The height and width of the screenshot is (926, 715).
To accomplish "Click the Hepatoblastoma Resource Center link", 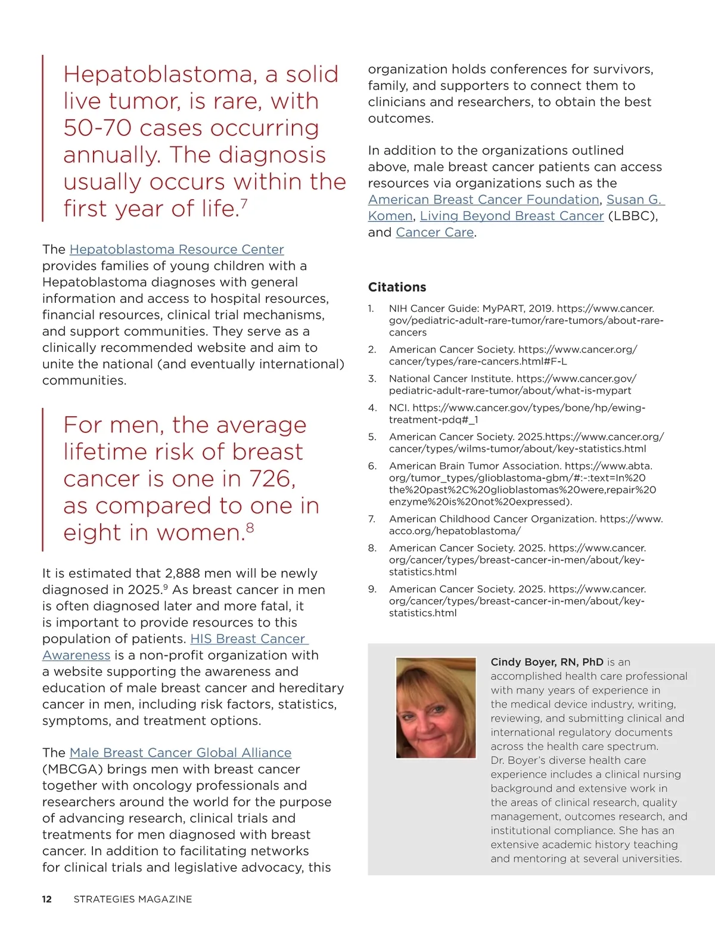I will (x=176, y=249).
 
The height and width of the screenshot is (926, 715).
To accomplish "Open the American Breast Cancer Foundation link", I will (x=483, y=200).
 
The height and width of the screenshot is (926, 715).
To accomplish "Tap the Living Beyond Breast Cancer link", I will (x=511, y=216).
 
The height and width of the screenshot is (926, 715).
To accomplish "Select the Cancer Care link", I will (x=435, y=233).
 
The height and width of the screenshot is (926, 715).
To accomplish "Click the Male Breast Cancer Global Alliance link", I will (x=180, y=752).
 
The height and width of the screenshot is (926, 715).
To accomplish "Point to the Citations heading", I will (x=397, y=287).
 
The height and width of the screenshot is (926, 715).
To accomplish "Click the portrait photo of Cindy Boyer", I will (x=436, y=707).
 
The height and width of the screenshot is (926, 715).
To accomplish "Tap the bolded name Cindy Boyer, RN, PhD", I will (x=546, y=662).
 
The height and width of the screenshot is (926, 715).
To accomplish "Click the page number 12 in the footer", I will (x=47, y=899).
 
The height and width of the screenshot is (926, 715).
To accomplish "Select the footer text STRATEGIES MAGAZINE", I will (x=132, y=899).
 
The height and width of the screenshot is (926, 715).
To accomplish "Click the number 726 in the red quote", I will (x=272, y=479).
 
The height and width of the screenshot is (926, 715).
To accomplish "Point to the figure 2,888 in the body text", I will (x=182, y=574).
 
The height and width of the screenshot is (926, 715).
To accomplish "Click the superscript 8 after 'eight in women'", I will (x=250, y=527).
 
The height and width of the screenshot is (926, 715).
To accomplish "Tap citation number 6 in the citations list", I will (x=372, y=466).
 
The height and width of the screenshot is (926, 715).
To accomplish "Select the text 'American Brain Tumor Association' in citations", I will (x=475, y=466).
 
